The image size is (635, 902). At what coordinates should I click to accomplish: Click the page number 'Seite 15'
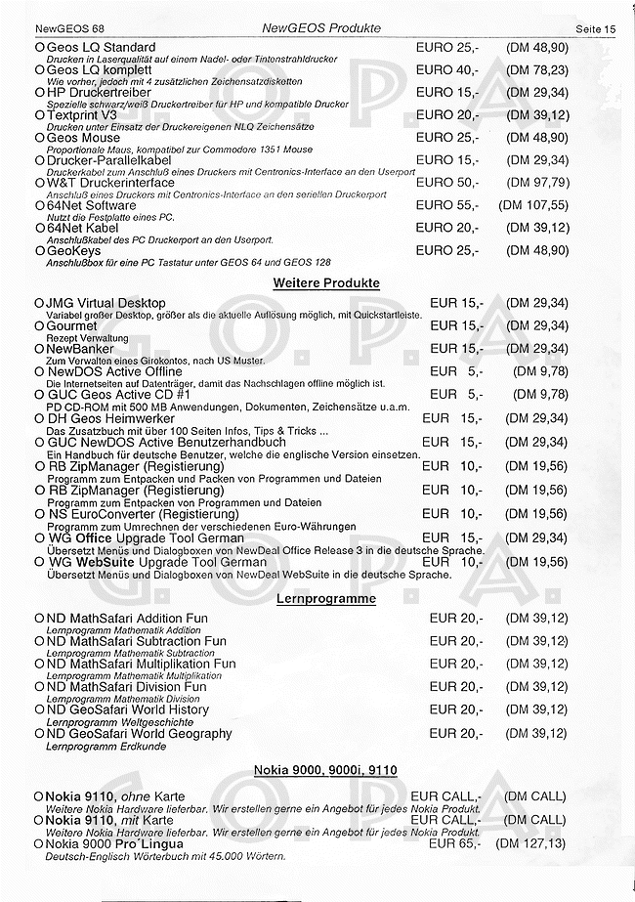click(x=596, y=29)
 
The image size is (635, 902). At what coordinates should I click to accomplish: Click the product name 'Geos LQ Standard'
click(x=101, y=47)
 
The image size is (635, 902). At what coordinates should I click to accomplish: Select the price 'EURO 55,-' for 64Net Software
click(x=446, y=205)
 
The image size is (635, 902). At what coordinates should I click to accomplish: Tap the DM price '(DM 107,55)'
click(x=533, y=205)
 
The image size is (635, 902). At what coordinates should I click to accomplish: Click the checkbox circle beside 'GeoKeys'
click(x=39, y=251)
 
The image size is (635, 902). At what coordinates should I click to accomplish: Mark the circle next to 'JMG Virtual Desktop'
click(x=39, y=303)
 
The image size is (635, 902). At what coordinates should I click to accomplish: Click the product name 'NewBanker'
click(x=80, y=349)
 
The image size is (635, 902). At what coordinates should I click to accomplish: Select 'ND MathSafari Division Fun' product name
click(x=126, y=687)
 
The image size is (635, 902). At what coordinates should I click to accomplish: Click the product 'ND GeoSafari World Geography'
click(x=139, y=733)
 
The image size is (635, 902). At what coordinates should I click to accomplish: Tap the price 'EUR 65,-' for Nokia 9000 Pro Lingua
click(x=456, y=842)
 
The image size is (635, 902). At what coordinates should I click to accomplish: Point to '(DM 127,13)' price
click(x=533, y=842)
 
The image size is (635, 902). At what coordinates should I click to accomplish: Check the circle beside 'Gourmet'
click(x=39, y=326)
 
